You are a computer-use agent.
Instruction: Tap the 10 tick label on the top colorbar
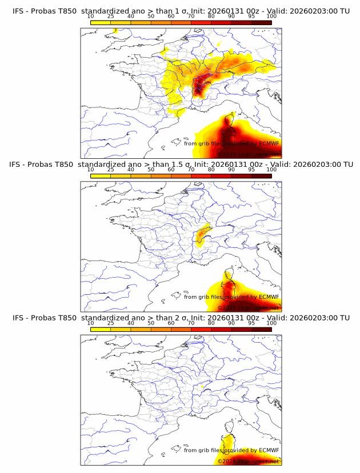[x=91, y=17]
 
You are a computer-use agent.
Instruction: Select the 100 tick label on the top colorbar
[x=271, y=17]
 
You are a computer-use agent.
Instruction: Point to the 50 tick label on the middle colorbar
[x=151, y=170]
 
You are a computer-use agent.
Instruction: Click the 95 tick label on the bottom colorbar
[x=251, y=323]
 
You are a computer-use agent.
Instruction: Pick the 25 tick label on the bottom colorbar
[x=111, y=323]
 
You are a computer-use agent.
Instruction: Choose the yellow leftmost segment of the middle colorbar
[x=101, y=175]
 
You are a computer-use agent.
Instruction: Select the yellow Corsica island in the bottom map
[x=228, y=441]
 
